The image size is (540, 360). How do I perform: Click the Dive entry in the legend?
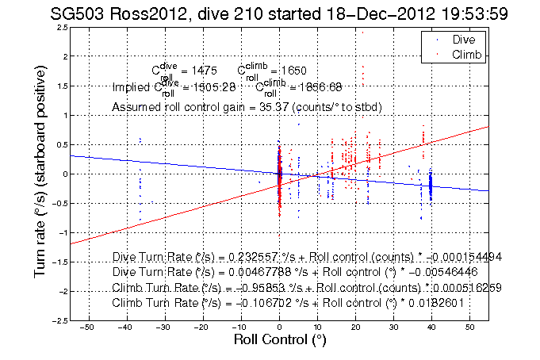pyautogui.click(x=464, y=39)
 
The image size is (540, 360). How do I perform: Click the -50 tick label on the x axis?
pyautogui.click(x=87, y=327)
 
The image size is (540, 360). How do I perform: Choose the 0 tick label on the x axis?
pyautogui.click(x=279, y=327)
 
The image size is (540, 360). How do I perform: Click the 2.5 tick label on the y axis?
pyautogui.click(x=61, y=27)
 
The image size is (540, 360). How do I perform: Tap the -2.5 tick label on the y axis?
pyautogui.click(x=59, y=320)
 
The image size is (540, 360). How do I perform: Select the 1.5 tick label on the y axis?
pyautogui.click(x=61, y=86)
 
